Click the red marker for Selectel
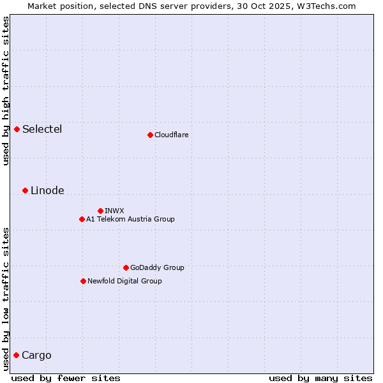pos(17,130)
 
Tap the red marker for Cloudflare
pos(150,135)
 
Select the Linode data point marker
pos(25,190)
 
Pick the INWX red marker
pos(100,211)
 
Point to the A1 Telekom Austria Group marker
pos(82,219)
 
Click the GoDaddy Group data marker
pos(126,267)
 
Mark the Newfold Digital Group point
pos(83,281)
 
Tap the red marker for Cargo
pos(16,355)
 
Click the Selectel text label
pos(42,130)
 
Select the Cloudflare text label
pos(171,135)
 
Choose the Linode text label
pos(47,191)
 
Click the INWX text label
pos(114,211)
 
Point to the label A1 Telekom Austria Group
pos(130,219)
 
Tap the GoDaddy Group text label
pos(157,267)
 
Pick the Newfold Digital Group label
pos(124,281)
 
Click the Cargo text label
pos(36,356)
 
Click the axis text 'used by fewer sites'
pos(66,378)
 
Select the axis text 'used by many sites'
pos(320,378)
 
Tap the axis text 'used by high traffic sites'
pos(6,91)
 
